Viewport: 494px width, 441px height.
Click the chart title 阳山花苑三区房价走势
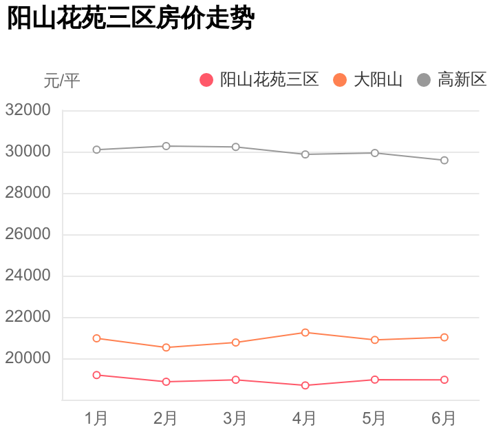click(x=131, y=19)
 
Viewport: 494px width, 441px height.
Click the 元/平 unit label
click(x=62, y=81)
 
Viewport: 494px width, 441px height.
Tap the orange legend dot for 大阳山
click(x=340, y=80)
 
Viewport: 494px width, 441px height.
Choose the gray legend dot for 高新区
click(x=424, y=80)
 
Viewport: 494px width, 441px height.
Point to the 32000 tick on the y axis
click(x=28, y=110)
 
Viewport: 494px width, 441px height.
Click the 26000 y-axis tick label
click(x=28, y=234)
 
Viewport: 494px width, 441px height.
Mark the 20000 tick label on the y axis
click(x=28, y=358)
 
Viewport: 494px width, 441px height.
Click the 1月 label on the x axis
click(x=96, y=418)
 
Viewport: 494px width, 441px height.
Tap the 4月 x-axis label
click(x=305, y=418)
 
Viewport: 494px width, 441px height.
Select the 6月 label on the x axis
click(x=444, y=418)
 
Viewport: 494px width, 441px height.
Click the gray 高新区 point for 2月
click(x=166, y=146)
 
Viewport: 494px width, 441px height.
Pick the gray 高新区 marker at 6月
click(x=444, y=161)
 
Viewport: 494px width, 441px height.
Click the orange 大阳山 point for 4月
click(x=305, y=333)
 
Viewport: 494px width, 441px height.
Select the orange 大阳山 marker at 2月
click(x=166, y=347)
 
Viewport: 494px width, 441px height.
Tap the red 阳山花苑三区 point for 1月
click(x=96, y=375)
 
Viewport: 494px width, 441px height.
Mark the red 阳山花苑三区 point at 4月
click(x=305, y=385)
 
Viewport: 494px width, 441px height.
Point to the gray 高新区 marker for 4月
click(x=305, y=154)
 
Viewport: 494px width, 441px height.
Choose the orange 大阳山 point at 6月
click(x=444, y=338)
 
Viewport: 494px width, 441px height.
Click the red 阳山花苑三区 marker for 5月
click(x=375, y=380)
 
